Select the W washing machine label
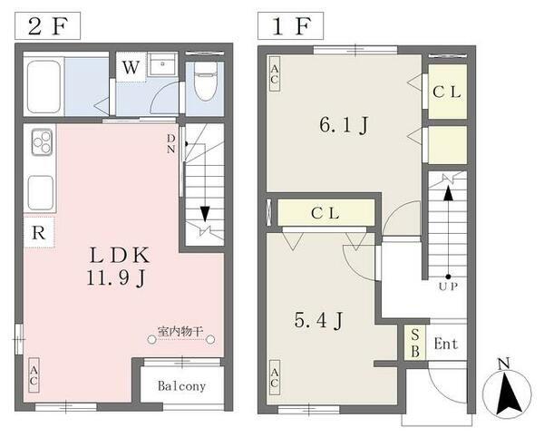pyautogui.click(x=131, y=67)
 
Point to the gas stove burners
pyautogui.click(x=43, y=142)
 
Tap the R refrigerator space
pyautogui.click(x=38, y=232)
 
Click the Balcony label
pyautogui.click(x=181, y=386)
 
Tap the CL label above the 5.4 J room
pyautogui.click(x=325, y=214)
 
